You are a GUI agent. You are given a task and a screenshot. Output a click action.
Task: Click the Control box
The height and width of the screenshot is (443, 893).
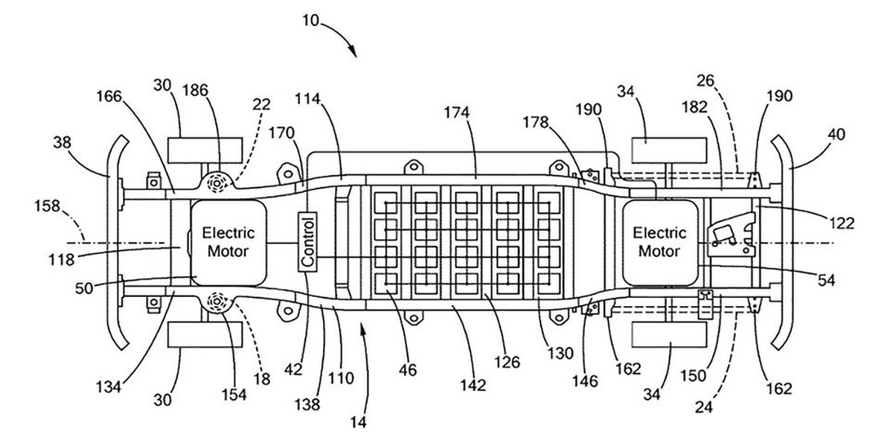pyautogui.click(x=307, y=242)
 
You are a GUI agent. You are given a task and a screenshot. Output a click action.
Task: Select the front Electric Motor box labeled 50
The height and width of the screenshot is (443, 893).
pyautogui.click(x=228, y=242)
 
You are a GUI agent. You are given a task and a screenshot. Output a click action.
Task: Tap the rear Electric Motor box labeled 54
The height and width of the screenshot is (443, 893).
pyautogui.click(x=658, y=241)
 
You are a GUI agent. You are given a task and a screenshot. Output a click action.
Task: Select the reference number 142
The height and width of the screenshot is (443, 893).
pyautogui.click(x=473, y=385)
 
